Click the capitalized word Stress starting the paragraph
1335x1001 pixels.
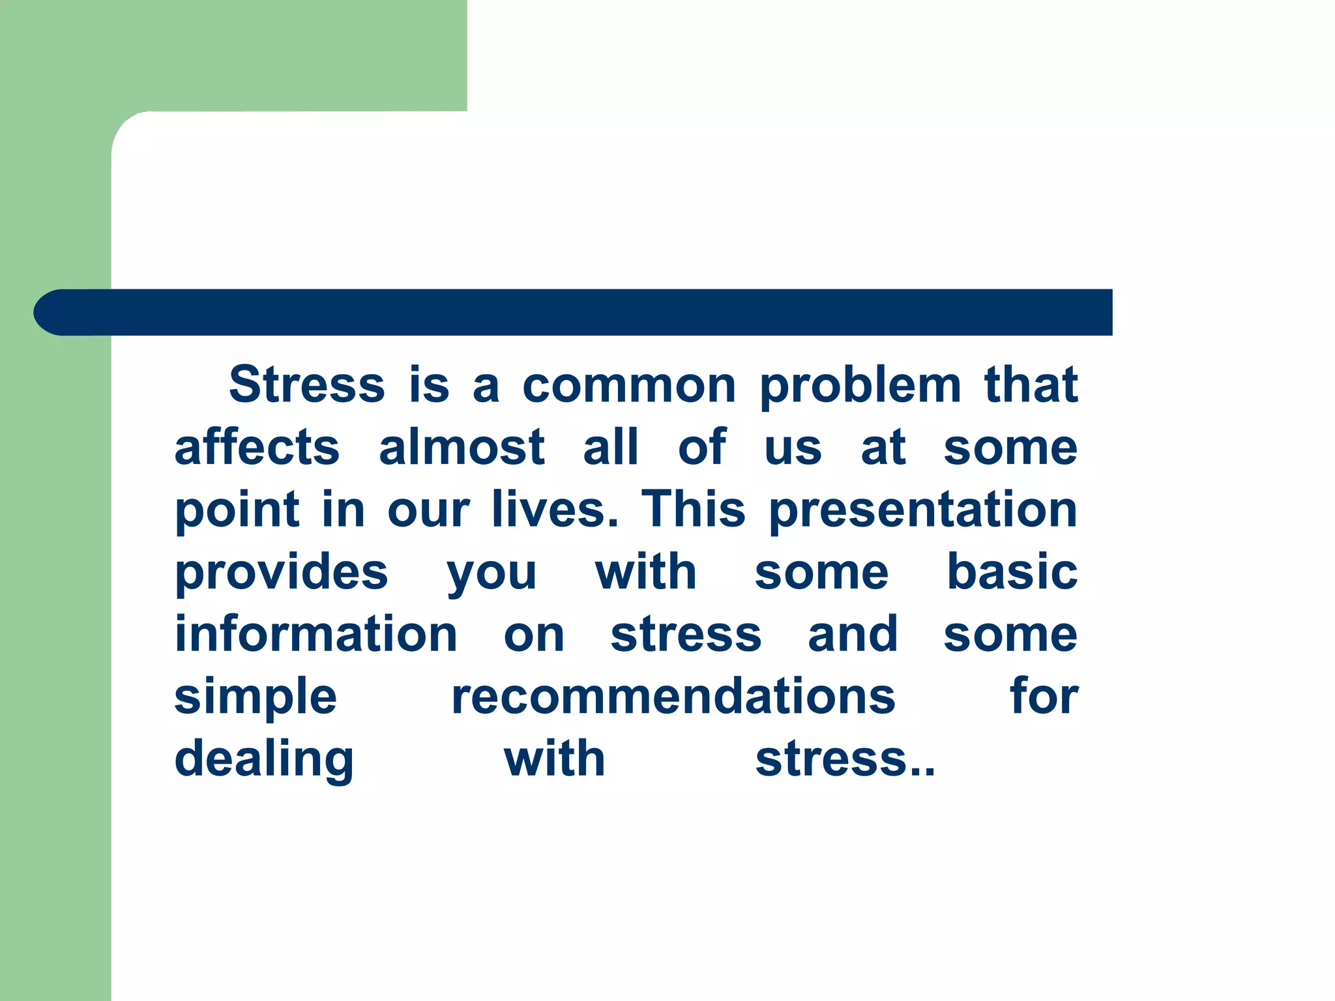pos(307,384)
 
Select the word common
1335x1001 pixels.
pos(629,386)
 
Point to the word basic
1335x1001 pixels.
pos(1012,572)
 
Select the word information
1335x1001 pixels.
pos(316,634)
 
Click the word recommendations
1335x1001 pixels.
pos(673,697)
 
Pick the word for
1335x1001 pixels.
pos(1044,696)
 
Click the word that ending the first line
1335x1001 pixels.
pos(1031,384)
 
